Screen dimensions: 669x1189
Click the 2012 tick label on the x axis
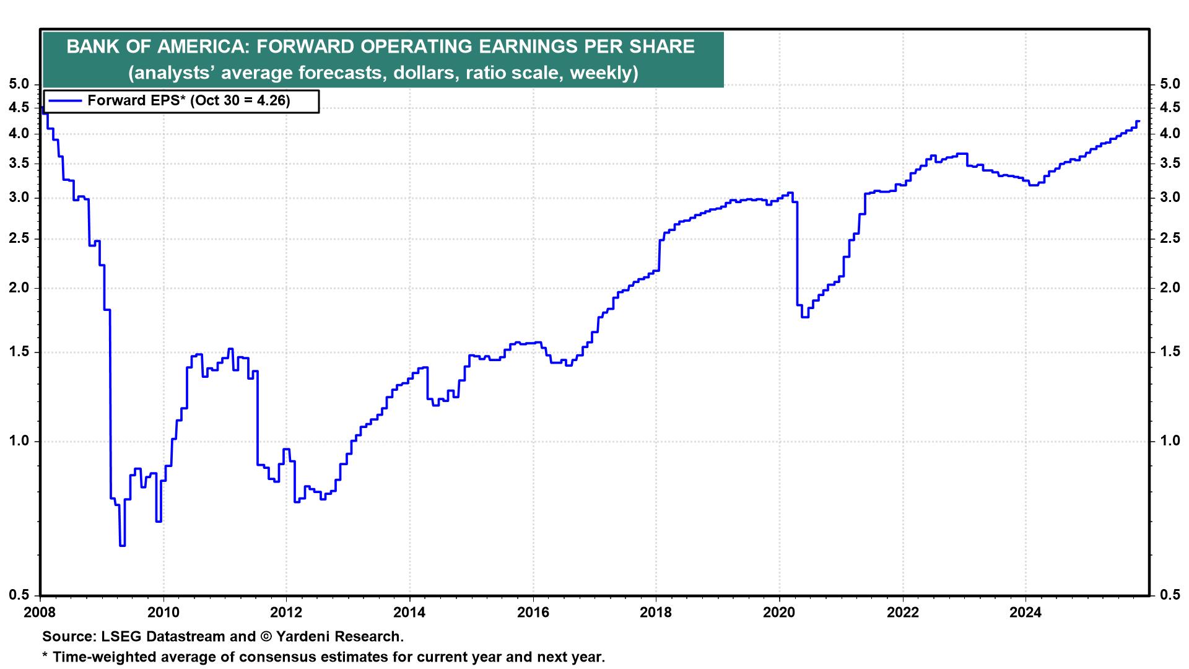tap(286, 613)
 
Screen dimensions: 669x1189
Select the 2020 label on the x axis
tap(779, 613)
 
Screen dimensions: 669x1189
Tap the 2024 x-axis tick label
tap(1026, 613)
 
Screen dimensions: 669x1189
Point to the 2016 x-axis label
tap(533, 613)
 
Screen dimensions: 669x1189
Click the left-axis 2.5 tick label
tap(20, 239)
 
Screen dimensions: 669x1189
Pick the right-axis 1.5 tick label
tap(1169, 352)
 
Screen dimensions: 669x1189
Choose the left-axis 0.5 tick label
tap(20, 595)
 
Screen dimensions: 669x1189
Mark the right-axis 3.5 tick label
tap(1169, 164)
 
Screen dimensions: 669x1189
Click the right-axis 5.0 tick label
tap(1169, 84)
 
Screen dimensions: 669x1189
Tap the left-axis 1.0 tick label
tap(20, 441)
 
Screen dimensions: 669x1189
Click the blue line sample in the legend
tap(65, 100)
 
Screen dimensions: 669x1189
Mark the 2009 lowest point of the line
tap(122, 545)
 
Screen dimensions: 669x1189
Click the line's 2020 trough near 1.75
tap(805, 317)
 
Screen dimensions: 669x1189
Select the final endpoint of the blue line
tap(1138, 121)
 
